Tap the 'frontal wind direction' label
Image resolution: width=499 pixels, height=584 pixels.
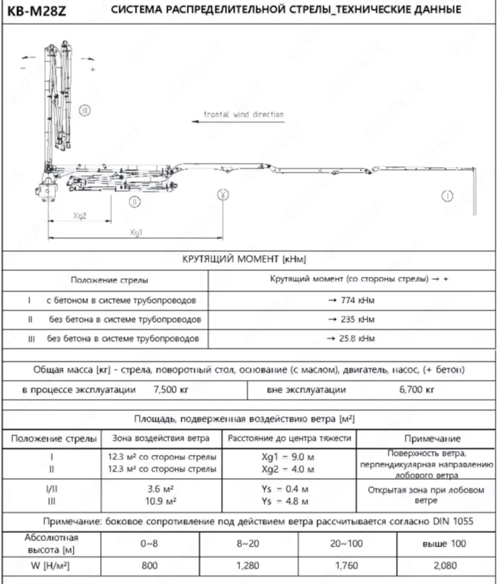[244, 115]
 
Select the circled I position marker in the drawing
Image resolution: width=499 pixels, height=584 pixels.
[447, 196]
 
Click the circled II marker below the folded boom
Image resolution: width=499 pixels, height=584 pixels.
[134, 201]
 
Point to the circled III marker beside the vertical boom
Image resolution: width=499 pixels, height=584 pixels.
[85, 111]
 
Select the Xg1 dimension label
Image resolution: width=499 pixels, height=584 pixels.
[136, 233]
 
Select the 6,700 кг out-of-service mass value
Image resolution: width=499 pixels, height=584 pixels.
[417, 390]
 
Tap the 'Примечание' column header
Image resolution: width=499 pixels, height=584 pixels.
[432, 438]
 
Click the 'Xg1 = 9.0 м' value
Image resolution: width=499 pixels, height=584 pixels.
[287, 457]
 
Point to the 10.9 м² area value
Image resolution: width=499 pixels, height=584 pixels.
[161, 501]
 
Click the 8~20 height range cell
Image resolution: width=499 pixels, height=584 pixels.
[248, 544]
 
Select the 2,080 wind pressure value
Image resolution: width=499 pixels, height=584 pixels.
[445, 566]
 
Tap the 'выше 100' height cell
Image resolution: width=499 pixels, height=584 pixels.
[445, 544]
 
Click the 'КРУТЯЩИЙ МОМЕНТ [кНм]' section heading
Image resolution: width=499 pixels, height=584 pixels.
[244, 259]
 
